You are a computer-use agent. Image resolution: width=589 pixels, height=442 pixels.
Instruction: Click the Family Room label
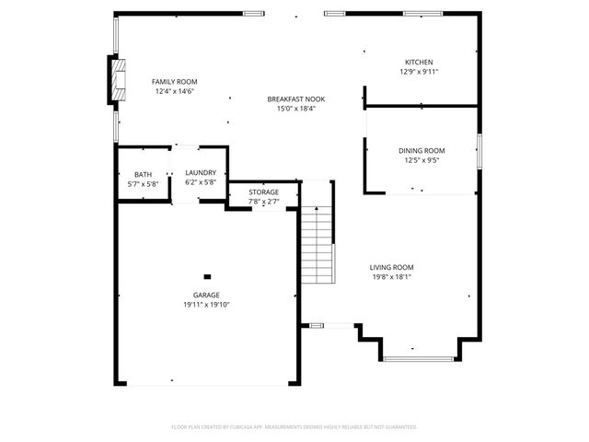174,82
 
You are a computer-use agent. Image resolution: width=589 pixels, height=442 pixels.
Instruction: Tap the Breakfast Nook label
295,99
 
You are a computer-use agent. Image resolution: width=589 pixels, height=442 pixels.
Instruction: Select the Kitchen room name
419,62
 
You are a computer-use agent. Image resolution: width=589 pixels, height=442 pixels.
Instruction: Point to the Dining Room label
422,150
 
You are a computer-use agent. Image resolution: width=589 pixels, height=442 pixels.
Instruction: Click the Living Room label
391,267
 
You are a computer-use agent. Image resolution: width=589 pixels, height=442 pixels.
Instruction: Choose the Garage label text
206,295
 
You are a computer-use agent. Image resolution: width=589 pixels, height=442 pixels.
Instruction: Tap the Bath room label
143,174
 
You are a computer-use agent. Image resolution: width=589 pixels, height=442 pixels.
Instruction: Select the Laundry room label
200,172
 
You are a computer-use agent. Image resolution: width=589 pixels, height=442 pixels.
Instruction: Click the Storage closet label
263,192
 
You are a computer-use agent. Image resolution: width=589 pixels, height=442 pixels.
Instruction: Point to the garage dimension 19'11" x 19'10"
206,305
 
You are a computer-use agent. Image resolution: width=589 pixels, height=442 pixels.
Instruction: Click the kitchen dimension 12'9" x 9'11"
419,72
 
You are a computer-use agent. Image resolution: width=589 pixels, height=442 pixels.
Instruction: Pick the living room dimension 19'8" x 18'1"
391,277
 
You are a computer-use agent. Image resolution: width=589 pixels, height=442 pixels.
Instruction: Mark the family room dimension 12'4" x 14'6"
174,91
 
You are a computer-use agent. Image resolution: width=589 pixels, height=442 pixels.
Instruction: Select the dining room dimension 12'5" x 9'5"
422,160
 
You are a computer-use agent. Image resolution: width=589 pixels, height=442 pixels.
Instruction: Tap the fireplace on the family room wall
117,81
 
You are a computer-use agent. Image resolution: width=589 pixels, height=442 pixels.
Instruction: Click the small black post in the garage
207,275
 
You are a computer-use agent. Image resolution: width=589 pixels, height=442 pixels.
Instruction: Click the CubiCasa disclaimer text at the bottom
294,427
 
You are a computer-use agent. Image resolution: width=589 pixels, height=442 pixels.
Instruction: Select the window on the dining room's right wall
479,151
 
